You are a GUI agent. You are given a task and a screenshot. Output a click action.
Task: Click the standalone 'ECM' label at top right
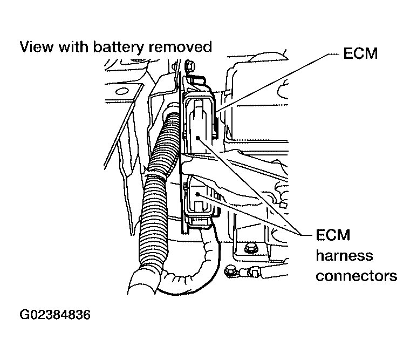point(360,55)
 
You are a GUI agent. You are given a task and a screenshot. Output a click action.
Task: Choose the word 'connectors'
point(357,276)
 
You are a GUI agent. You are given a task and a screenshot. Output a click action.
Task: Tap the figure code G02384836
point(55,314)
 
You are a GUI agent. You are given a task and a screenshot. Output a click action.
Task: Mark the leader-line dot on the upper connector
point(199,138)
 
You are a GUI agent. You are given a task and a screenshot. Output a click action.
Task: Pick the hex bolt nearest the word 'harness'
point(250,249)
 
